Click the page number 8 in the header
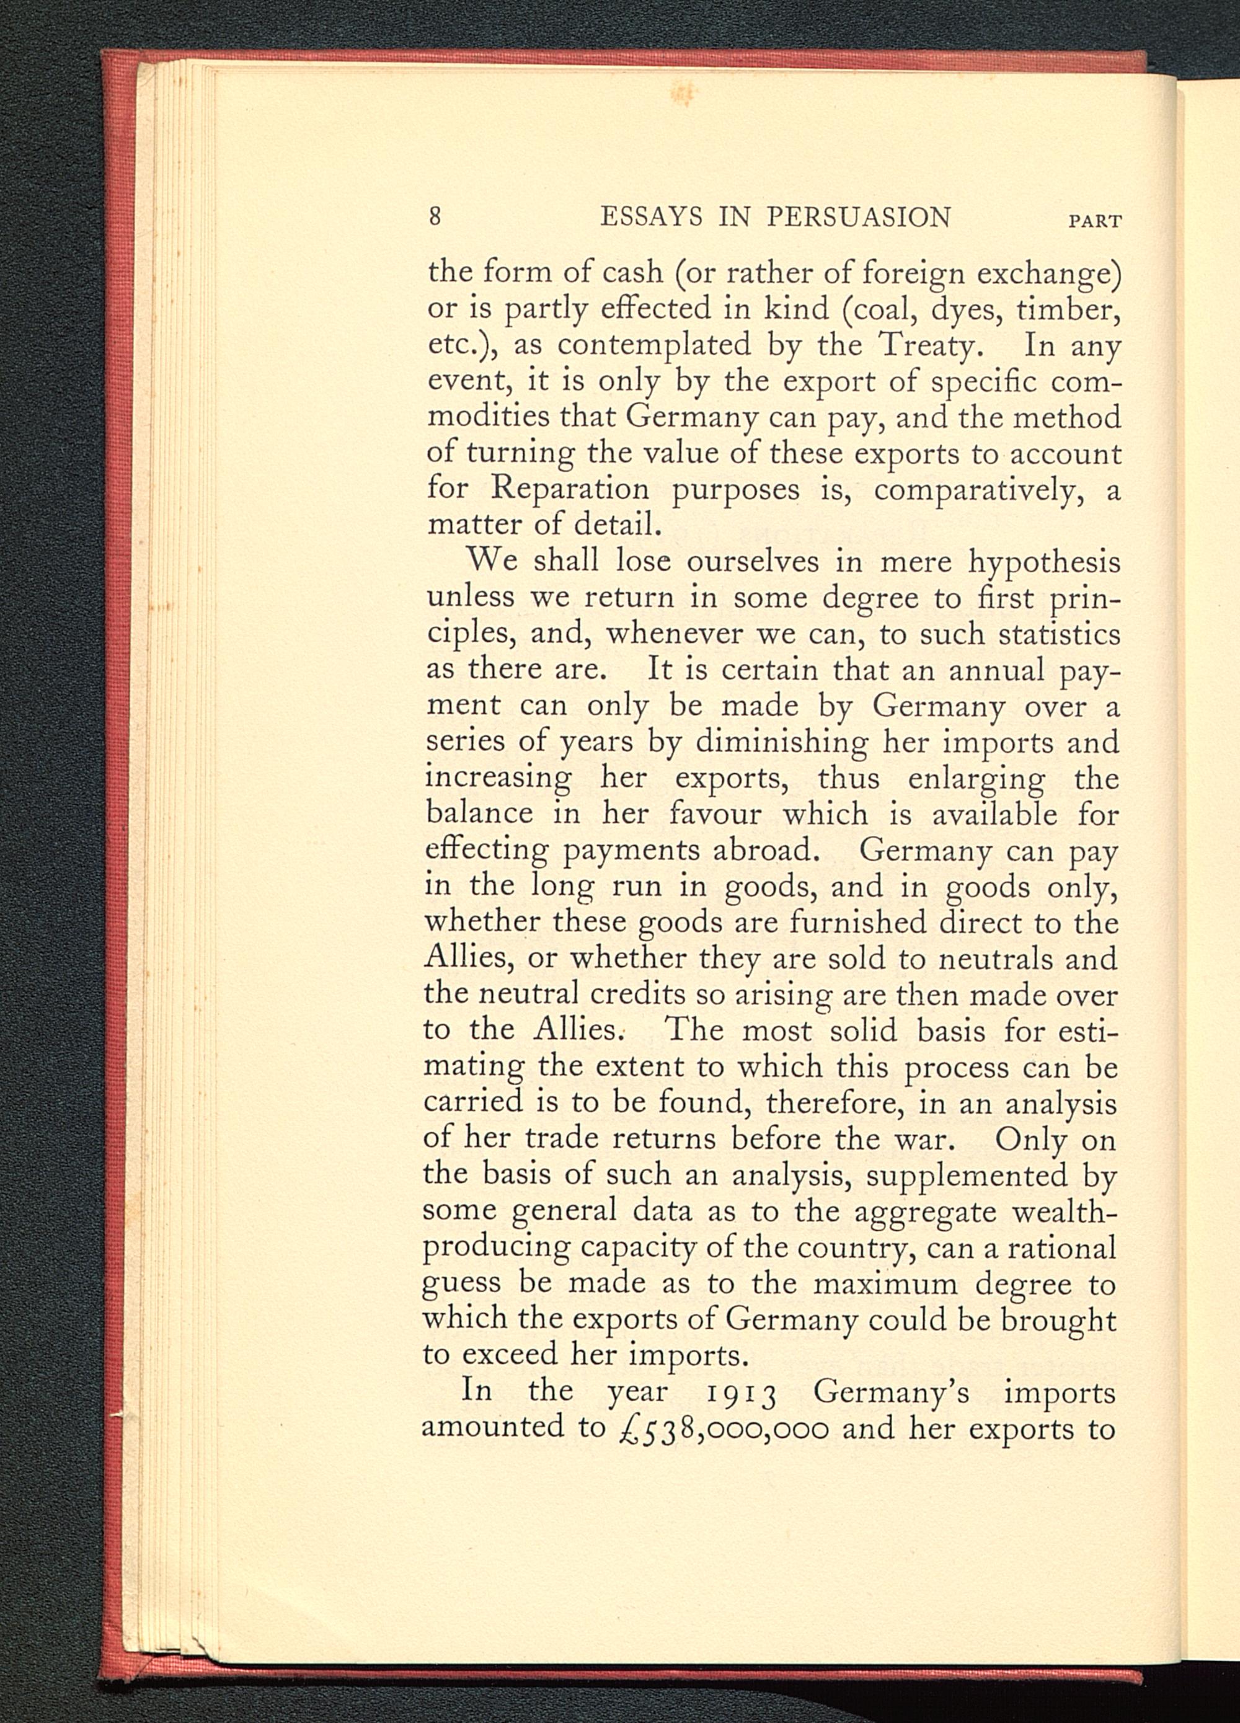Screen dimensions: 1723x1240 point(435,217)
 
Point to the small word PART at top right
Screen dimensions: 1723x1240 point(1095,222)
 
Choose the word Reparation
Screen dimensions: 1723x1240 point(570,489)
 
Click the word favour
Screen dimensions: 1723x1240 point(715,813)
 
